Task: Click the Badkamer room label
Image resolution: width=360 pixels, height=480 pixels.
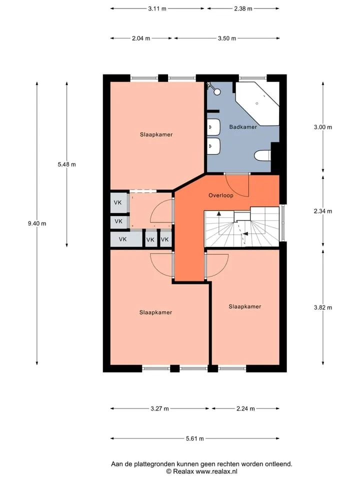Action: (x=243, y=126)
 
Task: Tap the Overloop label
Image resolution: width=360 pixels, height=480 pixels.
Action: (x=220, y=195)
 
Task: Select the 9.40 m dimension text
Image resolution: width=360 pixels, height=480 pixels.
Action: (x=37, y=223)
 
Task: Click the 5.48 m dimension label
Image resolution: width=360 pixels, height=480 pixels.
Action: (x=66, y=164)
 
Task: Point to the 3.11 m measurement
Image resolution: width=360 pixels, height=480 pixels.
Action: (x=157, y=8)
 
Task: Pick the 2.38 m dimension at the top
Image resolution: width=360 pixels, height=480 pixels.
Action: (x=243, y=8)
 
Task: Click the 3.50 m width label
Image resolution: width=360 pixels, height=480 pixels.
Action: (x=227, y=38)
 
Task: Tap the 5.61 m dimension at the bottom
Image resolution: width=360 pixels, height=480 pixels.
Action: (x=194, y=438)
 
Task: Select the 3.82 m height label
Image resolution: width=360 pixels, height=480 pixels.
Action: (x=323, y=307)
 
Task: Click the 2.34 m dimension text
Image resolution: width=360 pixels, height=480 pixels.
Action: (x=323, y=211)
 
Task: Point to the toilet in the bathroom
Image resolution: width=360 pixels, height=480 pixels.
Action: (x=262, y=155)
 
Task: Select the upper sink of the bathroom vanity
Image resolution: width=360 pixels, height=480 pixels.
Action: (x=213, y=126)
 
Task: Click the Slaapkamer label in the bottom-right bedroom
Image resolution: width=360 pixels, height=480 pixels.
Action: (x=245, y=306)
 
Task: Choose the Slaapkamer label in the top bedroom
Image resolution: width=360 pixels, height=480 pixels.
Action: (x=156, y=134)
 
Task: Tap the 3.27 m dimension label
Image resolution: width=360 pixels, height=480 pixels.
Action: (x=159, y=408)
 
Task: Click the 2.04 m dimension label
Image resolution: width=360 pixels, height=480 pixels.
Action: (x=141, y=38)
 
